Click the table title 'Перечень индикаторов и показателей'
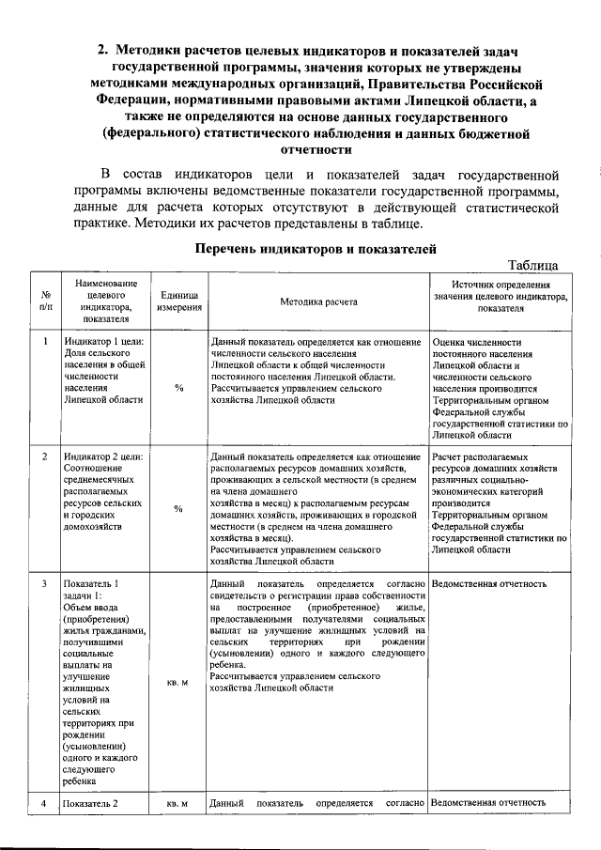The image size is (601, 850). coord(316,249)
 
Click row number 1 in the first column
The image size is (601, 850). coord(46,342)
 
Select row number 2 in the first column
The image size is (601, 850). coord(46,456)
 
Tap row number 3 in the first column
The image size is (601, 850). coord(46,584)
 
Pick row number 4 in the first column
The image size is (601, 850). coord(46,804)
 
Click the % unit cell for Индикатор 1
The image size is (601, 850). coord(177,388)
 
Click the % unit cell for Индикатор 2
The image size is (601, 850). coord(177,509)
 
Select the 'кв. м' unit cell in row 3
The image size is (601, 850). coord(177,682)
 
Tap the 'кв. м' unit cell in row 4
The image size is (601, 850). coord(177,804)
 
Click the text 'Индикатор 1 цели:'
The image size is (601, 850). coord(102,342)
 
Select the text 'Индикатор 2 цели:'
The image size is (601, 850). coord(102,456)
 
